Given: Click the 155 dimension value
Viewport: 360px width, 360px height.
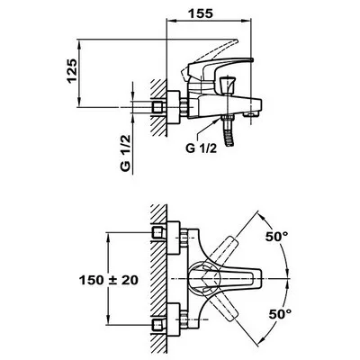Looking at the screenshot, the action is click(x=200, y=13).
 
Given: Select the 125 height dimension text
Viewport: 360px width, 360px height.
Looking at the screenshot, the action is click(x=72, y=71).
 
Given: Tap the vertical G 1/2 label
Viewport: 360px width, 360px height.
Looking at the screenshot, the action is click(x=126, y=152).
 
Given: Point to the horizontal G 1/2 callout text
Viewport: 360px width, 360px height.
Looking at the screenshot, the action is click(x=201, y=148).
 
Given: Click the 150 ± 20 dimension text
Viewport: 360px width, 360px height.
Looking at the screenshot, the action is click(x=109, y=280).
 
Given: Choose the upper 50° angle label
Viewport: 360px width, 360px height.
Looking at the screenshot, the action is click(x=276, y=237).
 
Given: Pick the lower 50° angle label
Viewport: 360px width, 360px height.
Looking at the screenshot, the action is click(x=280, y=314).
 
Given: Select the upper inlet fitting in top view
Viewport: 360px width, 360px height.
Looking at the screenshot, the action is click(x=159, y=232).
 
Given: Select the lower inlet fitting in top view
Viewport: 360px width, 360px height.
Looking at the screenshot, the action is click(x=159, y=325).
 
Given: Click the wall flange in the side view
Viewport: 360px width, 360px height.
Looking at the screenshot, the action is click(x=173, y=107).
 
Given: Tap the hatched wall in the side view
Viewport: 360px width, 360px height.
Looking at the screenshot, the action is click(x=158, y=108).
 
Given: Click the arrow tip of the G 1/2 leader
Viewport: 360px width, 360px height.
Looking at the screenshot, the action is click(x=220, y=119).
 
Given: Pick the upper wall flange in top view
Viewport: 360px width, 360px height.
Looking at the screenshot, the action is click(x=174, y=238).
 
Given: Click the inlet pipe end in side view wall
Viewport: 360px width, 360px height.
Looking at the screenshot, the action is click(x=159, y=107).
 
